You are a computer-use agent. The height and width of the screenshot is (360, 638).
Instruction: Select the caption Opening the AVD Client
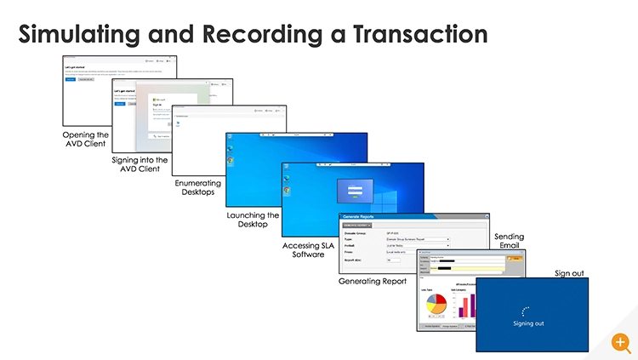click(85, 140)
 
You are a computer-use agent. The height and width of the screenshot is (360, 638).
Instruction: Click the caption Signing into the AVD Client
click(140, 164)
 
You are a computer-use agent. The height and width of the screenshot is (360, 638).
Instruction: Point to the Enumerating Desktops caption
click(198, 188)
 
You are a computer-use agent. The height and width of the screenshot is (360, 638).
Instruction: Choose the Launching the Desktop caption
click(253, 220)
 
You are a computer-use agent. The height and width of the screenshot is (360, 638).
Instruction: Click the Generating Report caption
click(373, 281)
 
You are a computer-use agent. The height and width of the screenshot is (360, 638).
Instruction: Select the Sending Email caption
click(509, 241)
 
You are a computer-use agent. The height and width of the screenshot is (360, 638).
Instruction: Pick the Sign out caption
click(568, 272)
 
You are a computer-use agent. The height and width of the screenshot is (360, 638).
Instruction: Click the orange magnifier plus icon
click(622, 343)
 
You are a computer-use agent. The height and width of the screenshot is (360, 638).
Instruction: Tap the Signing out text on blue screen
click(528, 324)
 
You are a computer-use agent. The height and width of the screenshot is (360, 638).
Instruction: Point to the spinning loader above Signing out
click(528, 311)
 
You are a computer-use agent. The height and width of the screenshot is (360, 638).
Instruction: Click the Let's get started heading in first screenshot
click(77, 66)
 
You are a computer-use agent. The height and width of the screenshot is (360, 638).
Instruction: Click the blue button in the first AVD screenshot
click(70, 79)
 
